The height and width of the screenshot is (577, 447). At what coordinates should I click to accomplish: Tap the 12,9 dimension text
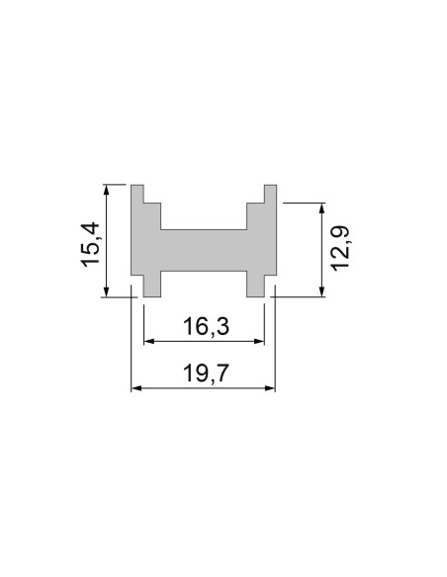[x=341, y=248]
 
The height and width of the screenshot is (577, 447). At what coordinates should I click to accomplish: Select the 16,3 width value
[x=206, y=326]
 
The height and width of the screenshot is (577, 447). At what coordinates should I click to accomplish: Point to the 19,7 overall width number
[x=203, y=372]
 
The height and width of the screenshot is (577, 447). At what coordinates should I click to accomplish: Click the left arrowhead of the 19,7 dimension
[x=136, y=388]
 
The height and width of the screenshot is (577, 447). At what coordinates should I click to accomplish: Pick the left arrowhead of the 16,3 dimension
[x=149, y=342]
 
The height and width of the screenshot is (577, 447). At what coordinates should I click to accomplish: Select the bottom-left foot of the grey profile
[x=152, y=285]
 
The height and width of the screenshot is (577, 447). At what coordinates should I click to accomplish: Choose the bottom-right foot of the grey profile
[x=255, y=285]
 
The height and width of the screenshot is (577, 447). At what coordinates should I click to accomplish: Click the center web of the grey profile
[x=204, y=251]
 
